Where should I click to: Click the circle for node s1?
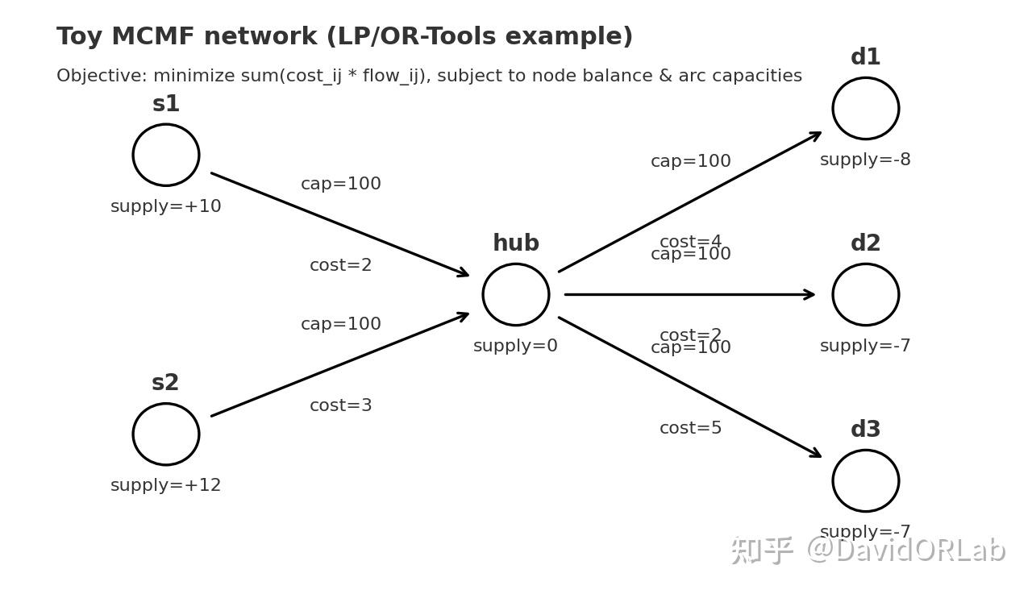point(166,155)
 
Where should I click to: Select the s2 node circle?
point(166,434)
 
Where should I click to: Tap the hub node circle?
point(516,294)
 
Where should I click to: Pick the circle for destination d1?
point(866,108)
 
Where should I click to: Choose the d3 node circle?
point(866,480)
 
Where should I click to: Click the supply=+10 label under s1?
point(166,206)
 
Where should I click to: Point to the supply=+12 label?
point(166,485)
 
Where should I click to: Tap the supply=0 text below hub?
point(516,346)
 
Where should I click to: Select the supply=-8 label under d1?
point(865,160)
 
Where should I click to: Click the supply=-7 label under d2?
point(865,346)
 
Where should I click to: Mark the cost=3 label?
point(341,405)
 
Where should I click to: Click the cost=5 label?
point(691,428)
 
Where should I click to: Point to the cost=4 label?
point(691,241)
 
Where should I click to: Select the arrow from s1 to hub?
point(339,224)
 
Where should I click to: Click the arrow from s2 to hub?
point(339,365)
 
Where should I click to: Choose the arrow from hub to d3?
point(689,387)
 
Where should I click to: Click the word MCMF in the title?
point(153,37)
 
